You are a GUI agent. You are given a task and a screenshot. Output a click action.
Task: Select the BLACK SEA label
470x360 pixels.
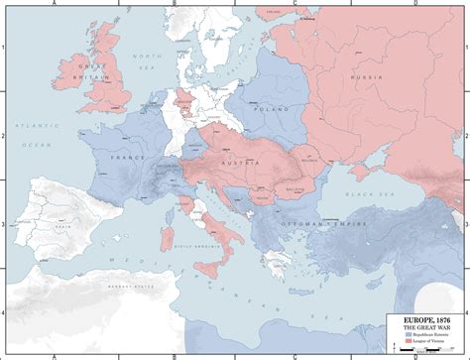(363, 195)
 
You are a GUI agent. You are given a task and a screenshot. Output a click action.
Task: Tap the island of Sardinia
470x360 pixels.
(176, 234)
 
